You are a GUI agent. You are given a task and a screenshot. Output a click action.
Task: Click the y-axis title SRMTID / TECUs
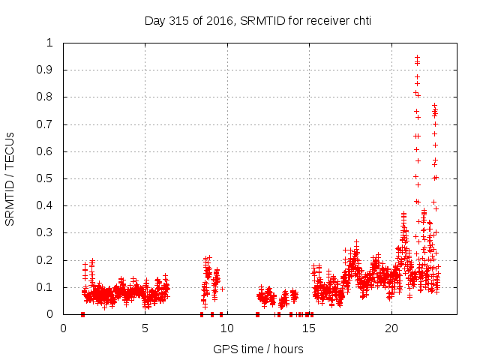[x=10, y=178]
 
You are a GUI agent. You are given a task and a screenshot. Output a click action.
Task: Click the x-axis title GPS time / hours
[x=258, y=349]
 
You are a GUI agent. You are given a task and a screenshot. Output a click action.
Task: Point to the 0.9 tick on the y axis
[x=46, y=70]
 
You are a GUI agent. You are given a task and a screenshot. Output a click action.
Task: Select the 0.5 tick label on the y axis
[x=46, y=178]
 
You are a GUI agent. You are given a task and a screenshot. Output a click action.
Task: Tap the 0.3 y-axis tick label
[x=46, y=232]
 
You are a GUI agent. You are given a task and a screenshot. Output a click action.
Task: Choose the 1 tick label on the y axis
[x=50, y=43]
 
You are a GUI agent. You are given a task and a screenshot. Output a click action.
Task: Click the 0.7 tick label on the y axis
[x=46, y=124]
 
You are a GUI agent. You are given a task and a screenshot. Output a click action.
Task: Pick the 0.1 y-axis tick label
[x=46, y=287]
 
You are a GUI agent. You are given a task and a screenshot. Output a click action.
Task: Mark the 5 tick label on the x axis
[x=145, y=328]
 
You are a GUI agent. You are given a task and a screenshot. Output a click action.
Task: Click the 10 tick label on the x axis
[x=227, y=328]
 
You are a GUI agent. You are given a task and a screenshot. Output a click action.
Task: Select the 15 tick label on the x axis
[x=309, y=328]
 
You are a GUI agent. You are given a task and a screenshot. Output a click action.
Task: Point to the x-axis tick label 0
[x=63, y=328]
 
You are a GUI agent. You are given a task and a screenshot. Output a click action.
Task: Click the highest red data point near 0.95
[x=417, y=57]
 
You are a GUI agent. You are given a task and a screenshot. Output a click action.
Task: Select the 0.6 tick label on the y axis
[x=46, y=151]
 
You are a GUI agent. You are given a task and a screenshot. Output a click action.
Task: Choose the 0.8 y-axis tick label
[x=46, y=97]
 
